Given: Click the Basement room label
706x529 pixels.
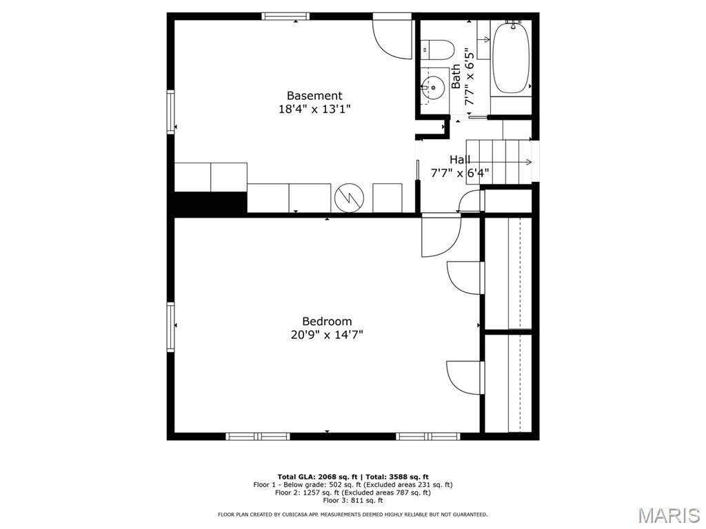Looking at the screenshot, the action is coord(314,96).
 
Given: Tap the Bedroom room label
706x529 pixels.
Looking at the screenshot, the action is coord(327,321).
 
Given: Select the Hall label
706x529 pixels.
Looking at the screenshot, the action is coord(460,160).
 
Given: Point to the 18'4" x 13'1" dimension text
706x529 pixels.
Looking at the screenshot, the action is coord(314,109).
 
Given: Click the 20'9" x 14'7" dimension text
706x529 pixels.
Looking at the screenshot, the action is coord(327,335).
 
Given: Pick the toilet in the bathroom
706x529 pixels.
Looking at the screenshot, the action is coord(437,50).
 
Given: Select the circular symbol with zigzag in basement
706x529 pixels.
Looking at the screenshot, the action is coord(348,198).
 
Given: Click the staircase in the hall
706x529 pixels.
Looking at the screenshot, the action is coord(499,162).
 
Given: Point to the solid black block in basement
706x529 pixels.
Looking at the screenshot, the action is coord(210,203).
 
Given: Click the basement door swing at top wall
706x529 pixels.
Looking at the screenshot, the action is coord(392,39).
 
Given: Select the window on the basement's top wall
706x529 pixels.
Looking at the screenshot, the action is coord(285,17).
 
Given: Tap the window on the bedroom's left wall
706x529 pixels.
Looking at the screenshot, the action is coord(171,326).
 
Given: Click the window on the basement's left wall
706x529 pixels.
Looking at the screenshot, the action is coord(171,112).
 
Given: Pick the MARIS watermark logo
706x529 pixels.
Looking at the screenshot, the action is coord(668,515).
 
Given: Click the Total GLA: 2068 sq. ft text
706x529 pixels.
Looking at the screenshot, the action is coord(317,477).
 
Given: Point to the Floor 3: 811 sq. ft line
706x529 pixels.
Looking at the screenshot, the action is coord(353,500).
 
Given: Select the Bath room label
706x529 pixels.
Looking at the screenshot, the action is coord(456,76).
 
